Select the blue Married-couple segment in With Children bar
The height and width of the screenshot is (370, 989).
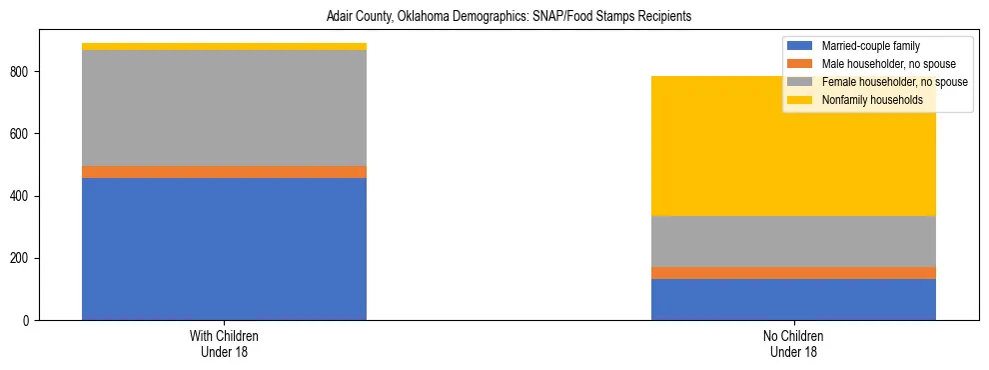(x=224, y=249)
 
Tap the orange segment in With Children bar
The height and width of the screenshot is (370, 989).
(x=224, y=172)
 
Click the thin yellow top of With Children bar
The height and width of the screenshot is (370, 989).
(x=224, y=46)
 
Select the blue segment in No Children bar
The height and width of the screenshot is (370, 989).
(x=793, y=299)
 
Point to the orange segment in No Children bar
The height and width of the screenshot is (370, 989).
(x=793, y=273)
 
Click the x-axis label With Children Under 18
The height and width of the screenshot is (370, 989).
(x=224, y=344)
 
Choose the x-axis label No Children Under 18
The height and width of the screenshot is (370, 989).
(x=793, y=344)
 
